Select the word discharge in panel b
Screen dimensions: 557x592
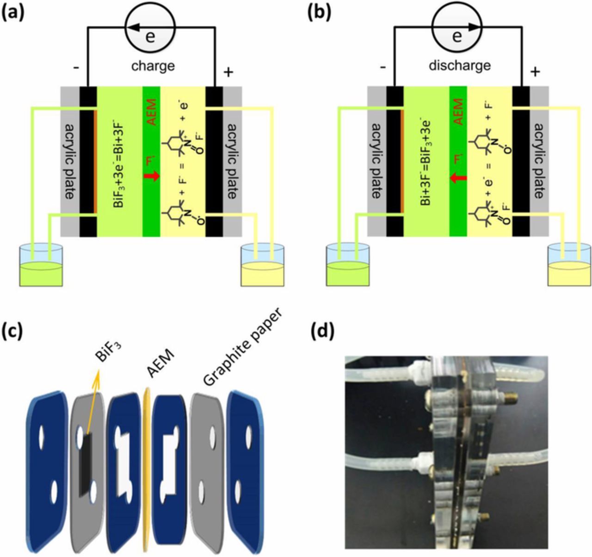[459, 65]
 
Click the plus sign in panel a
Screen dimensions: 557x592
[228, 72]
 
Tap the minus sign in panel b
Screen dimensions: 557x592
[382, 68]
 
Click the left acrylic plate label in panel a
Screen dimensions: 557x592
[70, 161]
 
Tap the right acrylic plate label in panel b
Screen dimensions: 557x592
[539, 161]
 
